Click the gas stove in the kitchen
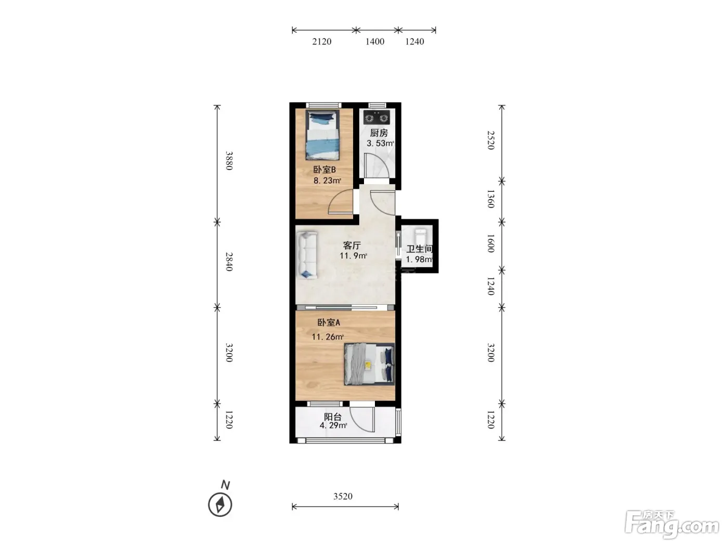(x=376, y=118)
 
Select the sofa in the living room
(x=307, y=255)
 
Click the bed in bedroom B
(x=323, y=135)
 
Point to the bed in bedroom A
(x=369, y=364)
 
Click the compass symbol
(x=220, y=504)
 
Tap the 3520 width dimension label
(x=343, y=496)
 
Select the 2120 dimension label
(x=322, y=42)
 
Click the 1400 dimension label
(x=375, y=42)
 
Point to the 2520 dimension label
(x=491, y=140)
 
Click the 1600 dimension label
(x=491, y=243)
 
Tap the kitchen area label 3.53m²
(x=380, y=143)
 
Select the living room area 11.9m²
(x=353, y=256)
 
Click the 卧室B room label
(x=324, y=170)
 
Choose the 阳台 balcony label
(x=333, y=417)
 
